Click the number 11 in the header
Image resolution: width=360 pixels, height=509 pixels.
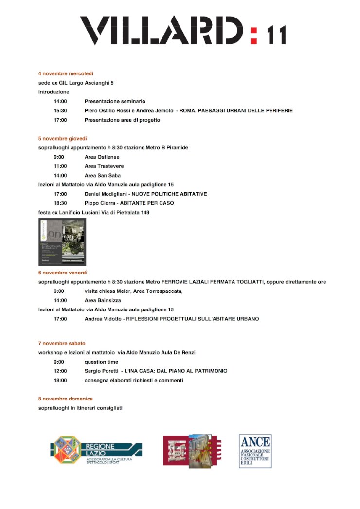click(276, 36)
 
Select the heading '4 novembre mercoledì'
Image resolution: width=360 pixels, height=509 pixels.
click(66, 73)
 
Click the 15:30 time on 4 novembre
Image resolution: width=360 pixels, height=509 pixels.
click(60, 110)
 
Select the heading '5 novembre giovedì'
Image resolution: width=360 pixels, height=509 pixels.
click(63, 138)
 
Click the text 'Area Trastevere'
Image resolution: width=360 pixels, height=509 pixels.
click(104, 166)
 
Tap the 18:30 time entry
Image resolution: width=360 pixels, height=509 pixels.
click(60, 203)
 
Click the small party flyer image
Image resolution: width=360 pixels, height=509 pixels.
click(62, 242)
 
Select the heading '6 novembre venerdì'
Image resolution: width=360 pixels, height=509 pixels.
click(63, 273)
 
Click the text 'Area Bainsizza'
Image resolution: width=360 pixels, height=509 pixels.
click(103, 300)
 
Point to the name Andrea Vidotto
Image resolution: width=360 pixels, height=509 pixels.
click(104, 319)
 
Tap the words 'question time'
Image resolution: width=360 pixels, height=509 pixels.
click(101, 362)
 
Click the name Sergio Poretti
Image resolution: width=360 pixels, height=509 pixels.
click(102, 371)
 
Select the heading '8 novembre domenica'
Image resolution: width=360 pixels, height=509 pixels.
click(66, 399)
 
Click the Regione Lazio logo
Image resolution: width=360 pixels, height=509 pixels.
click(96, 451)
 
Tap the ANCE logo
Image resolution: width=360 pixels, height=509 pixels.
click(255, 451)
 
